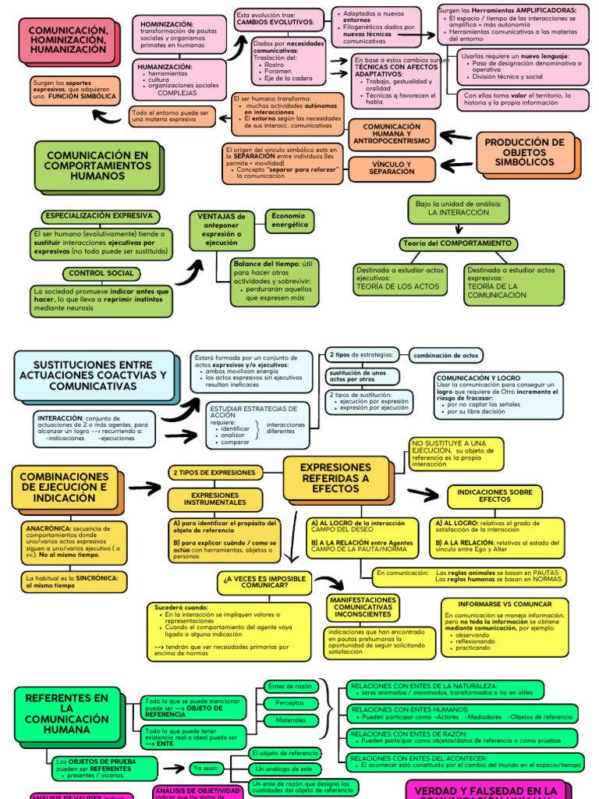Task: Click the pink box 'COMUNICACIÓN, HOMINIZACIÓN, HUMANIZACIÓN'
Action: coord(68,40)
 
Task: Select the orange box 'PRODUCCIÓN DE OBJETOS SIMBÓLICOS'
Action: coord(524,152)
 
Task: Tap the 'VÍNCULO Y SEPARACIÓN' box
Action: coord(391,168)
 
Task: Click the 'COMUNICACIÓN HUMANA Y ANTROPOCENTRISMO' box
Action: coord(392,133)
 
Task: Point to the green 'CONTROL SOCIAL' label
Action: coord(101,273)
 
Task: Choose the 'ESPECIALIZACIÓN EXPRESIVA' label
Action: coord(100,216)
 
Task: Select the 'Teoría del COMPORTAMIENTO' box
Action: coord(457,243)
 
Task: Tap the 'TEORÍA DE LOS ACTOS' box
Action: coord(400,279)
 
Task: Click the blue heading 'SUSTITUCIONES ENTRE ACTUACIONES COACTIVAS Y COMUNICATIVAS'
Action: coord(93,375)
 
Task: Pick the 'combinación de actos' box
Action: coord(446,355)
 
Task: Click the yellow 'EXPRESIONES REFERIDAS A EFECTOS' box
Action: coord(335,478)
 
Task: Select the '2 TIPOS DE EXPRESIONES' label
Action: coord(214,472)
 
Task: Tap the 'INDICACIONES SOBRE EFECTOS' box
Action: coord(494,495)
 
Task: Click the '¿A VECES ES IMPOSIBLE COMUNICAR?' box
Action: coord(265,581)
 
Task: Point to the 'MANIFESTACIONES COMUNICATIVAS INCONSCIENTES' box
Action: coord(363,607)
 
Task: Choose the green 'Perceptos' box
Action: coord(290,703)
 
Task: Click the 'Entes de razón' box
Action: coord(290,686)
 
